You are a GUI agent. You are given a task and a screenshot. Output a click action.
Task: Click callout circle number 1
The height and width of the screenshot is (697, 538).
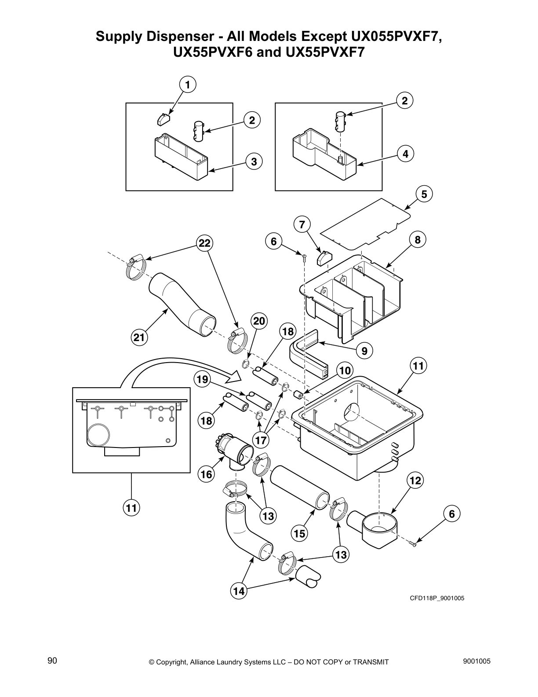point(188,85)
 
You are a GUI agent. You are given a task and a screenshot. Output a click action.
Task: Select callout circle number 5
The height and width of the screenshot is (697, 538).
point(424,194)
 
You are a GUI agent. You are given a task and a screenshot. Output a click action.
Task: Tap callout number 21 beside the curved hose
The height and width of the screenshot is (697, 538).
point(139,338)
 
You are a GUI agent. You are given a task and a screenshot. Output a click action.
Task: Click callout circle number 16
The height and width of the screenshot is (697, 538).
point(206,474)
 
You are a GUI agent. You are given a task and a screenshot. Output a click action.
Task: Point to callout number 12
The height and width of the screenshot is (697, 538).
point(415,481)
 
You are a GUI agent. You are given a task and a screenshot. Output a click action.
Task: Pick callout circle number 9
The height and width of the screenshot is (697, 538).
point(364,351)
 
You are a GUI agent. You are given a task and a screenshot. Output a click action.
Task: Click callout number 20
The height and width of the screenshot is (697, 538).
point(259,321)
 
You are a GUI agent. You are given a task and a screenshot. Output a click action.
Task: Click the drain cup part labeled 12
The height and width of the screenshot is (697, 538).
point(374,528)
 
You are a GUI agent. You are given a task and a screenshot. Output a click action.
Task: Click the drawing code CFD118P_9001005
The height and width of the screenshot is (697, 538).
point(437,598)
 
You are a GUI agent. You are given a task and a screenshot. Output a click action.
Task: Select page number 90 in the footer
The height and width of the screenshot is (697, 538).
point(52,661)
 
